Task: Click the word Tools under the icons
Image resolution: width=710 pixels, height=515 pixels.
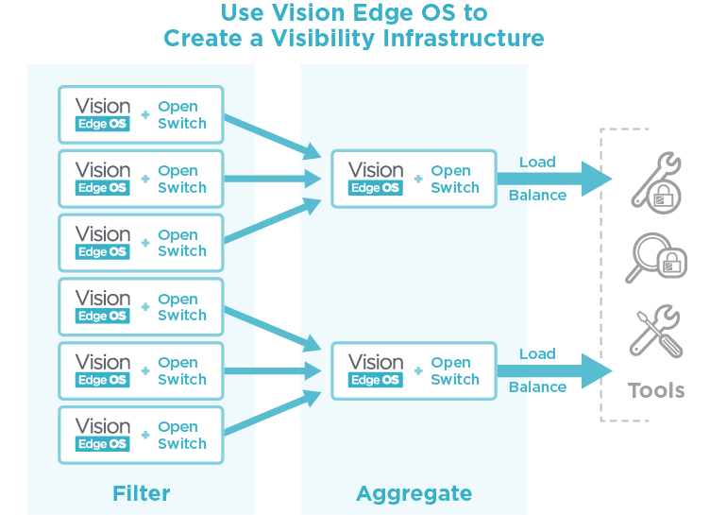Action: (656, 390)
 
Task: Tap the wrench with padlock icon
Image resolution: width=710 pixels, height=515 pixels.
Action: (655, 180)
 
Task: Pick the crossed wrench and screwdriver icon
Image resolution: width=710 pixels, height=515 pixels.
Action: (655, 330)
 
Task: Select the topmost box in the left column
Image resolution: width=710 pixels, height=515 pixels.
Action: (141, 115)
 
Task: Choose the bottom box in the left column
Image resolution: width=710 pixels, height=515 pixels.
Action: (141, 435)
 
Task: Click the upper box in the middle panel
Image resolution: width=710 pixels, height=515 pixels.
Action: (414, 179)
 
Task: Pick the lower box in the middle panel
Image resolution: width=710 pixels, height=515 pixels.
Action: (414, 370)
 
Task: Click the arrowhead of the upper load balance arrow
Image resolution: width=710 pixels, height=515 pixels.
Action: (596, 179)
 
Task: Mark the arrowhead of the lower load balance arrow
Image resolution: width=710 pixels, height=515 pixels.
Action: (596, 370)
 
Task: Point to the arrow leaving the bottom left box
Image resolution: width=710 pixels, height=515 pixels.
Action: (269, 416)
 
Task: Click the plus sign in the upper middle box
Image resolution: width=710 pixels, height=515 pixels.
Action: (418, 180)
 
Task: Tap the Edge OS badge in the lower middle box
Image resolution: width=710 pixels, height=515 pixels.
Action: (376, 380)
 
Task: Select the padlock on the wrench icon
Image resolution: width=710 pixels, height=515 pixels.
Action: (665, 197)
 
